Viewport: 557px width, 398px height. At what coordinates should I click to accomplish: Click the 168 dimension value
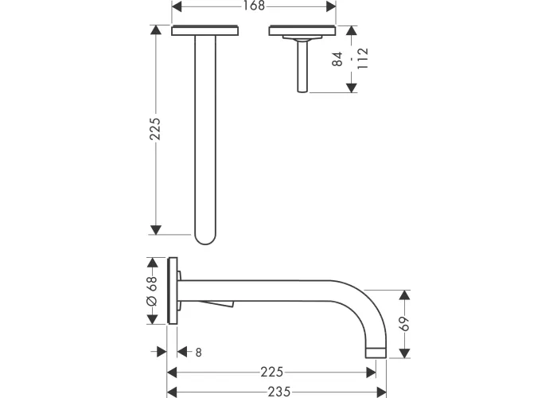pyautogui.click(x=254, y=6)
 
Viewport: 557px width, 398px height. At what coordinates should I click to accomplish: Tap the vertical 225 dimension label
pyautogui.click(x=155, y=129)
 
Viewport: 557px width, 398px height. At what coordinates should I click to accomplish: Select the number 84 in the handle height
pyautogui.click(x=337, y=59)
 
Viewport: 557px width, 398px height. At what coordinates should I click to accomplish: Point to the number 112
pyautogui.click(x=363, y=59)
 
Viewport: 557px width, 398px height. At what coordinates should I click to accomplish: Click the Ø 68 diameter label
pyautogui.click(x=152, y=291)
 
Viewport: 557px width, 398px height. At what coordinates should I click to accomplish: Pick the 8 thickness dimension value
pyautogui.click(x=198, y=352)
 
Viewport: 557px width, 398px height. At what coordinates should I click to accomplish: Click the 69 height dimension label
pyautogui.click(x=404, y=323)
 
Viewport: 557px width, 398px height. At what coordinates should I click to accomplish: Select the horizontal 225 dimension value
pyautogui.click(x=272, y=372)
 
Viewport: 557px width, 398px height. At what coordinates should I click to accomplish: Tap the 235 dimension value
pyautogui.click(x=279, y=392)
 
